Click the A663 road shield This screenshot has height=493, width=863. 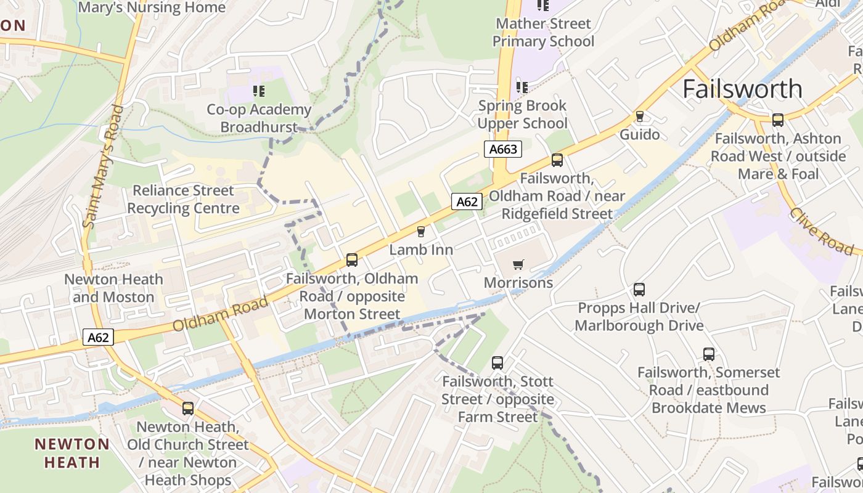coord(503,149)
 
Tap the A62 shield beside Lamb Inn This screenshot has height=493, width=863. coord(467,202)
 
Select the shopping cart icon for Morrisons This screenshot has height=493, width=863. coord(518,264)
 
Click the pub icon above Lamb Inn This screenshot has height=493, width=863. coord(421,232)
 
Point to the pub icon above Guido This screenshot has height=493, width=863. coord(640,116)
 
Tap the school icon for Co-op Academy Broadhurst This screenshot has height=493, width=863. coord(259,92)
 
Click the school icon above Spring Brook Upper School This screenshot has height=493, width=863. coord(522,88)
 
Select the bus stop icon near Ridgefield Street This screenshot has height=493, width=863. coord(557,160)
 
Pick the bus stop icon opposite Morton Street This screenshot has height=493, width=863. coord(352,260)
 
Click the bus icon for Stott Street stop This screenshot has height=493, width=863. coord(497,363)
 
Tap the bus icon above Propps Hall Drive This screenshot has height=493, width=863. coord(639,290)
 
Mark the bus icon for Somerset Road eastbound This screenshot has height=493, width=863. coord(709,354)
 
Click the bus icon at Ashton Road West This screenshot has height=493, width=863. coord(778,120)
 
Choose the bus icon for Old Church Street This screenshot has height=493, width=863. coord(188,408)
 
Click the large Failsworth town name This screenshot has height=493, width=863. coord(742,89)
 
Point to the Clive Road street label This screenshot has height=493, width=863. coord(822,230)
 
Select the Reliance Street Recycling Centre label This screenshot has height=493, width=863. coord(183,199)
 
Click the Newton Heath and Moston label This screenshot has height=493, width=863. coord(113,288)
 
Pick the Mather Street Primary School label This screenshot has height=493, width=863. coord(543,33)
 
